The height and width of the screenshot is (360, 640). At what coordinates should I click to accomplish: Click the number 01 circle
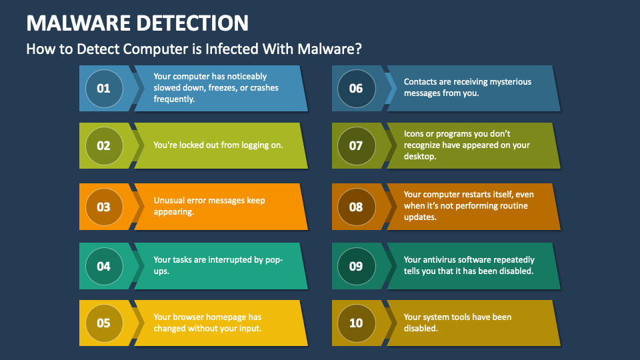coord(103,88)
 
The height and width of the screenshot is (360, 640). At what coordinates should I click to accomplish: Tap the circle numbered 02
coord(103,145)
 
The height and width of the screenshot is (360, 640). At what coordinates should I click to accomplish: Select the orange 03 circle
coord(103,207)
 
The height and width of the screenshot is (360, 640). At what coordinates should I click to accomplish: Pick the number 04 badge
coord(103,266)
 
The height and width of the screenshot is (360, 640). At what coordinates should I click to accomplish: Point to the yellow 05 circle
coord(103,323)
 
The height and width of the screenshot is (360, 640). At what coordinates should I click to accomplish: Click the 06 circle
coord(356,88)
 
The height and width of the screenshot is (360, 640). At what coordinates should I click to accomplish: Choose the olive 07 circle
coord(356,145)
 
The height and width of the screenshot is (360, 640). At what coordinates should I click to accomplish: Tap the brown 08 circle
coord(356,207)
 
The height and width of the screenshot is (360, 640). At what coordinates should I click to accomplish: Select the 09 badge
coord(356,266)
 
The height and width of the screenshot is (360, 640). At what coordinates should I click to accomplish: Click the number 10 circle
coord(356,323)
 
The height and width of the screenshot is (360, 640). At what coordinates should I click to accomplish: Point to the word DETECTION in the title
coord(193,23)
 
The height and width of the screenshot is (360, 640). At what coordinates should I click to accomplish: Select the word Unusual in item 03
coord(169,200)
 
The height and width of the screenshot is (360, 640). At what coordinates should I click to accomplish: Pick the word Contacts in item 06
coord(421,82)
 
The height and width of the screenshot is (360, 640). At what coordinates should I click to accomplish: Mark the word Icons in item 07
coord(415,134)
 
